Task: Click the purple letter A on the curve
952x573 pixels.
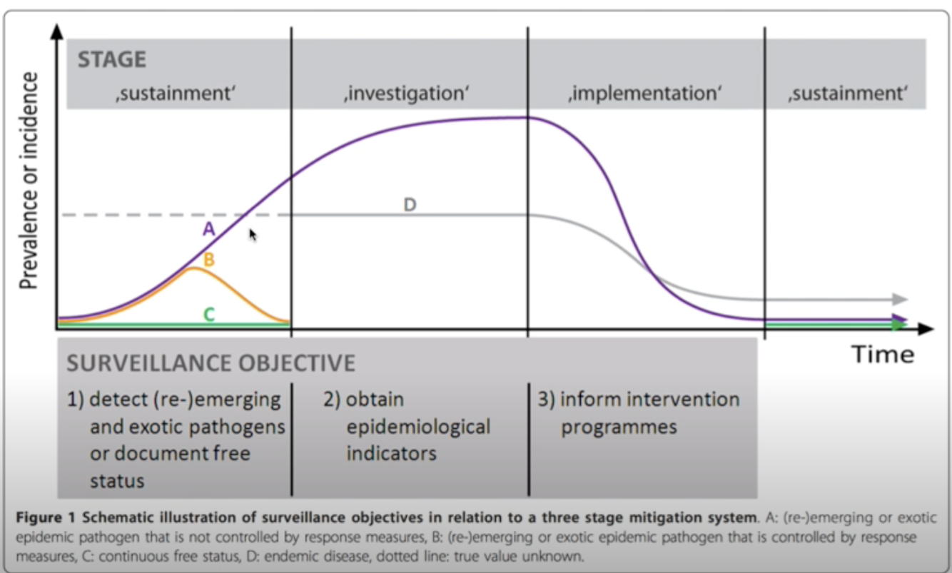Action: click(x=209, y=229)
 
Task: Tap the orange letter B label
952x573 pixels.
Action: click(x=209, y=260)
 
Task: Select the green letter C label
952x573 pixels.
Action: click(x=209, y=314)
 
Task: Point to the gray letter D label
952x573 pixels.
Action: click(x=410, y=206)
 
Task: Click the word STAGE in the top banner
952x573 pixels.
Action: click(x=111, y=59)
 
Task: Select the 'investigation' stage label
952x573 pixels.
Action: click(x=404, y=93)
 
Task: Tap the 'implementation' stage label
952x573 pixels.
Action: click(x=645, y=93)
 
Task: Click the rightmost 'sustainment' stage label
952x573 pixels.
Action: click(x=846, y=93)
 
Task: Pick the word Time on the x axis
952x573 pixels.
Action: click(x=883, y=354)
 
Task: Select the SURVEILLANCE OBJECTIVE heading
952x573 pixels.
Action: click(x=211, y=363)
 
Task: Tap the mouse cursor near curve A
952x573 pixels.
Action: click(x=252, y=234)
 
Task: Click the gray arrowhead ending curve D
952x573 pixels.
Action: click(x=900, y=299)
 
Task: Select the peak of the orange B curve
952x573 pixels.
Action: click(x=191, y=269)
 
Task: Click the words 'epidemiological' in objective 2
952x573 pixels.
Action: click(x=418, y=427)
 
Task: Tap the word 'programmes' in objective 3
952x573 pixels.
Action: click(x=619, y=427)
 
